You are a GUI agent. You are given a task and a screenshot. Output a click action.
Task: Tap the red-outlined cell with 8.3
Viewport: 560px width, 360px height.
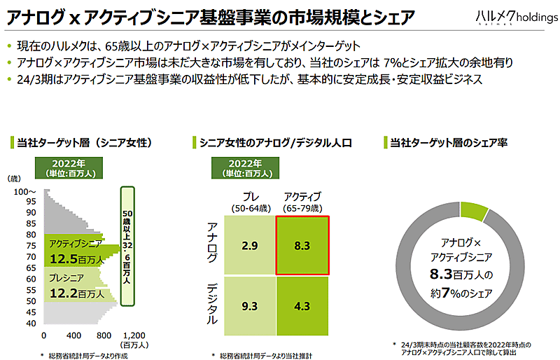303,245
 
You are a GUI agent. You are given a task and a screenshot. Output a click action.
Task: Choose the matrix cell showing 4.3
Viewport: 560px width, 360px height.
303,306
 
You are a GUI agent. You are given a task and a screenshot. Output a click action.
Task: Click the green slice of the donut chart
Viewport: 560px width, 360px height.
475,208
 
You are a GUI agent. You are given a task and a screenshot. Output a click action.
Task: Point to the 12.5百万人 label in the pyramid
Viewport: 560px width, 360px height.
78,260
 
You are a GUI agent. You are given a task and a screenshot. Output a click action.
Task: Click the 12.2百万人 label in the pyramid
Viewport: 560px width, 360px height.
78,293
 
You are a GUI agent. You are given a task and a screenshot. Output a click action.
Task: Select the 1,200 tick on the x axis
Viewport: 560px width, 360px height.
133,335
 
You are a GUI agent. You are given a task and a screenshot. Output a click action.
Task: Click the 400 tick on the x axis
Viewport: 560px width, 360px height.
73,335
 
